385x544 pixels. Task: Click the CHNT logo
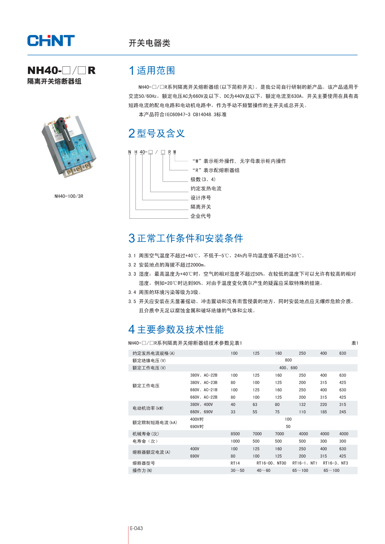(51, 41)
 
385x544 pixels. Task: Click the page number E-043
(136, 528)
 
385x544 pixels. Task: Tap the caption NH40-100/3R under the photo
(69, 196)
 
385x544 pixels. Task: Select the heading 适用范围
(156, 71)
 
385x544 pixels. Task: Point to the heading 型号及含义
(160, 133)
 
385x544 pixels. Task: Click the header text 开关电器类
(149, 43)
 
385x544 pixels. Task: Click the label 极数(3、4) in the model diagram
(203, 180)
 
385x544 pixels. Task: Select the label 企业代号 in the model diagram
(201, 216)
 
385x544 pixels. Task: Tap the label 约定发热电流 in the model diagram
(206, 188)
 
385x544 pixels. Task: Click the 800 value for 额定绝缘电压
(288, 360)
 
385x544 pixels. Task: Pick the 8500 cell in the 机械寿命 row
(235, 434)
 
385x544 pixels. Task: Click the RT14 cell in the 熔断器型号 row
(235, 463)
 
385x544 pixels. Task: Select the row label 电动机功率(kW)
(148, 408)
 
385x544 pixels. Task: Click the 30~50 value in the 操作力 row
(237, 471)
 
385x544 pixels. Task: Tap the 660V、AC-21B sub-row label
(203, 390)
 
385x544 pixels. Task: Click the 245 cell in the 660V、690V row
(342, 412)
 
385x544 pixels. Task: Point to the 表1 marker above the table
(354, 343)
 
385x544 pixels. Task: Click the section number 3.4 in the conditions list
(132, 292)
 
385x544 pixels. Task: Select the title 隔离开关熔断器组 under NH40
(54, 81)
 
